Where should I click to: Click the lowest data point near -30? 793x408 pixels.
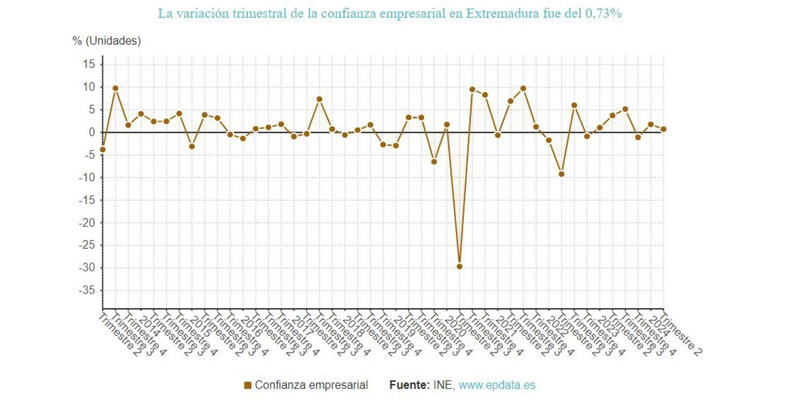[x=459, y=266]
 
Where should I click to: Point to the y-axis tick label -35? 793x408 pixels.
[x=86, y=290]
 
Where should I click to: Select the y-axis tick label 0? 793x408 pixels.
[x=92, y=132]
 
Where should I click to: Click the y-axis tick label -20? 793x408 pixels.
[x=86, y=223]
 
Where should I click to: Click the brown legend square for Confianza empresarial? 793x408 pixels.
[x=248, y=385]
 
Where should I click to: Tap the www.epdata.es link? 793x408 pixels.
[x=497, y=385]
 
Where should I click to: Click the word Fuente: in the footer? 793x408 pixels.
[x=409, y=385]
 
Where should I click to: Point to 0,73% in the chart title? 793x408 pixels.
[x=603, y=13]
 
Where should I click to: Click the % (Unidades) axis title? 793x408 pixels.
[x=106, y=41]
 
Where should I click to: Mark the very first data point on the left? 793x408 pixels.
[x=102, y=149]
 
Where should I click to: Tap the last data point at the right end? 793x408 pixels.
[x=663, y=129]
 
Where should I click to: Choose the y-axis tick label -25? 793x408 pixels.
[x=86, y=245]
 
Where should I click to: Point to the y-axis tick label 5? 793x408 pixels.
[x=92, y=110]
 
